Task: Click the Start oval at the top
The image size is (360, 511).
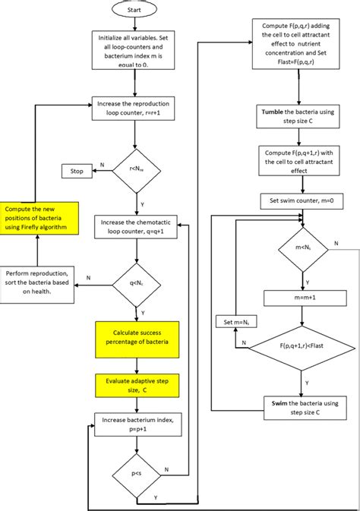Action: point(134,11)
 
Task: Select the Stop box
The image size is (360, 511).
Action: point(77,171)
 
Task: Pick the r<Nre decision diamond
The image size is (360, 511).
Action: point(134,171)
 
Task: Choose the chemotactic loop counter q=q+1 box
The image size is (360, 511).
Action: point(134,228)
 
